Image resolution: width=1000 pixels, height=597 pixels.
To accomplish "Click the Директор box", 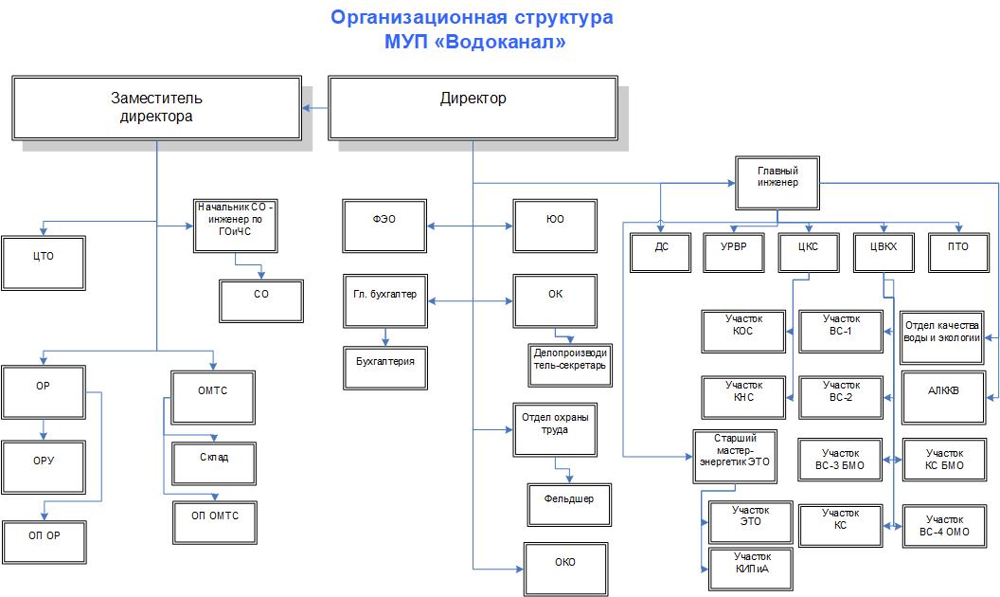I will coord(473,107).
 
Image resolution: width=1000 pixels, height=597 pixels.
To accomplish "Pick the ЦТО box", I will coord(44,256).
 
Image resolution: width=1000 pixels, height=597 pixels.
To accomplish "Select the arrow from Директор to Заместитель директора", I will coord(313,107).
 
